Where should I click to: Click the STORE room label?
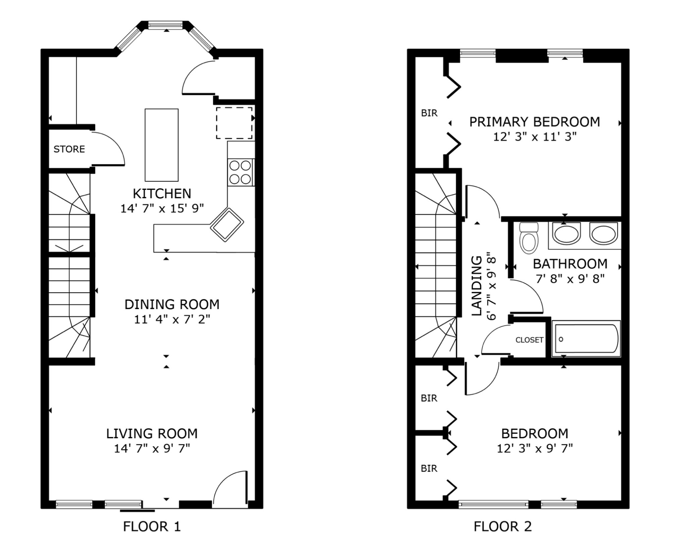click(x=69, y=149)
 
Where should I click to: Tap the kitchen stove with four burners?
click(x=241, y=172)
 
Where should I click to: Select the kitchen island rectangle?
click(x=162, y=145)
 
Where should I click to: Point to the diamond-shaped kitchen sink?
click(x=227, y=225)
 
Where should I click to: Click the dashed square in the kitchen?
click(x=234, y=123)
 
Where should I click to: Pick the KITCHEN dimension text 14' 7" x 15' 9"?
click(x=162, y=209)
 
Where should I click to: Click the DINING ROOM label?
click(x=172, y=304)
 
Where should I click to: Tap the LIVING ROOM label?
click(x=152, y=434)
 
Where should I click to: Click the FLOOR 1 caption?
click(x=152, y=527)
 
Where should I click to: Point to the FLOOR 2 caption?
click(x=503, y=527)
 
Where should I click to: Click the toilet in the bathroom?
click(x=529, y=237)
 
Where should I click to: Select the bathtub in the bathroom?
click(x=586, y=339)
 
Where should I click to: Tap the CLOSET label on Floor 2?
click(x=529, y=340)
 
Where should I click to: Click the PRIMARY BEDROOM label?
click(x=535, y=122)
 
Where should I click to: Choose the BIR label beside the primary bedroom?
click(x=429, y=113)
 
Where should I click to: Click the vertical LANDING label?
click(x=477, y=286)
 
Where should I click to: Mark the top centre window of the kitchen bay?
click(x=165, y=25)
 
